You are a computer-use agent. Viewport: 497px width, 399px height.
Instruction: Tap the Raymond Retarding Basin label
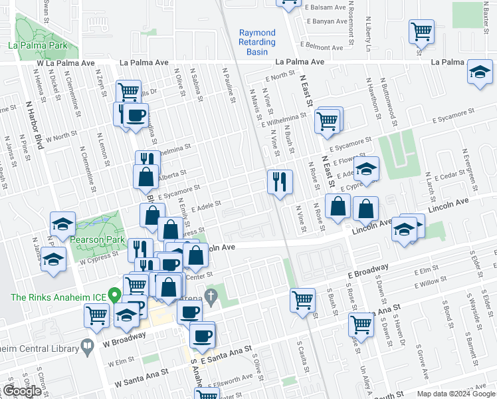tap(257, 42)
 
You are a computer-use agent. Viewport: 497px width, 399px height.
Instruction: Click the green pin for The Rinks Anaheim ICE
tap(114, 293)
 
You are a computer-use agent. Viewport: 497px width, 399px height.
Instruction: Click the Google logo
tap(22, 392)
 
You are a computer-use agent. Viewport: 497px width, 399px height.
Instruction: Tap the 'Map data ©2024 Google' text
tap(456, 394)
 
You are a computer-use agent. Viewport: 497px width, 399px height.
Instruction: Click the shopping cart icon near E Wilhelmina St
tap(327, 122)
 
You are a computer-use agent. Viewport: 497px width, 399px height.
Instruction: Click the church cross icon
tap(211, 295)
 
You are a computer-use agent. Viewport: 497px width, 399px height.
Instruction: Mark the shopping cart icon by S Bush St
tap(302, 300)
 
